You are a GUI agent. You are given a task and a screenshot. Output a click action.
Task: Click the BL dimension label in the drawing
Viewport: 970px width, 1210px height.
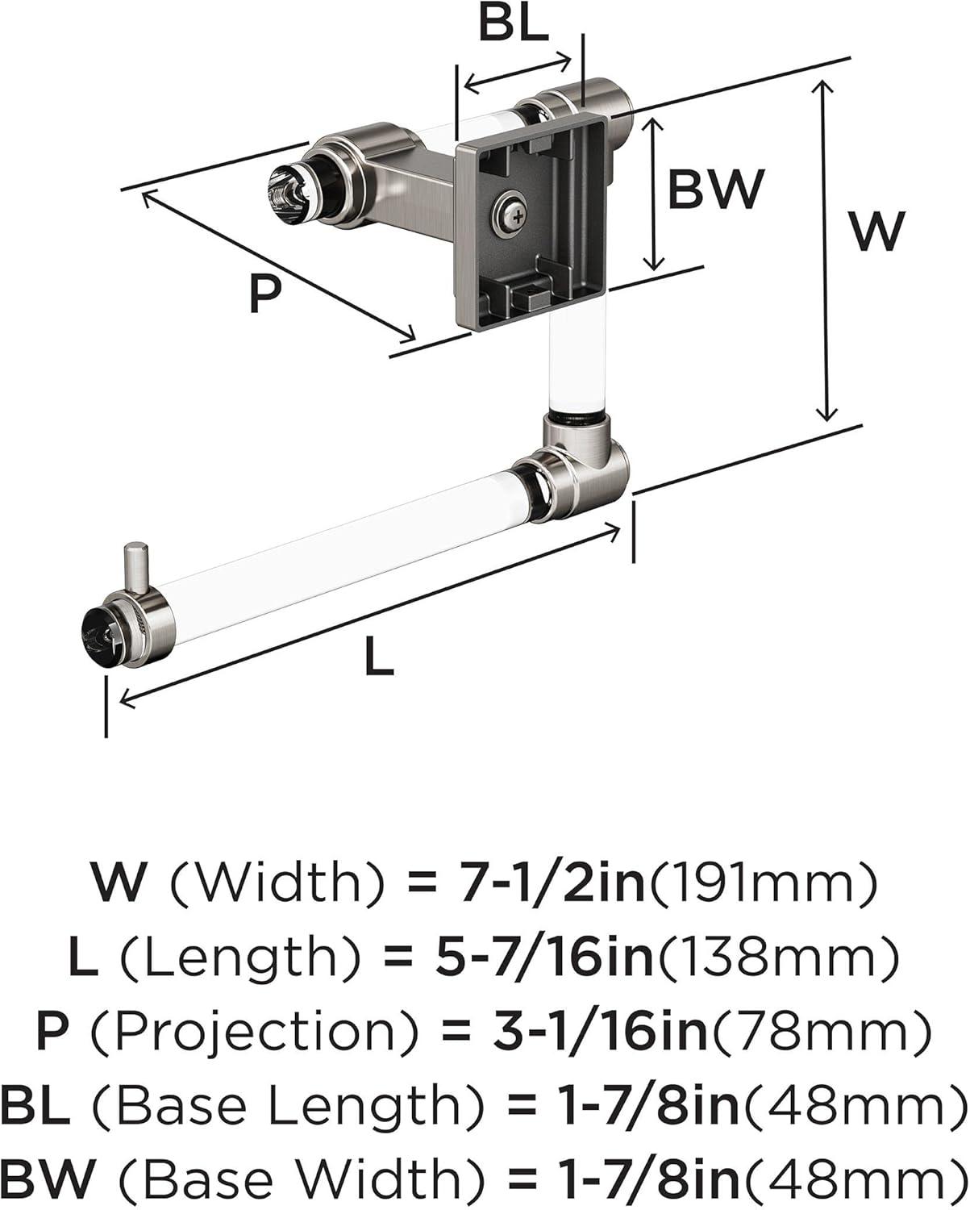[x=513, y=24]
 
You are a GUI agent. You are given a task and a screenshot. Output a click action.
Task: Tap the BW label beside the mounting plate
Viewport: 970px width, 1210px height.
[x=716, y=189]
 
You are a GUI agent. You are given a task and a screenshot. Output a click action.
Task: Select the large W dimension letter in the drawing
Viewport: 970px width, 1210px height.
[x=876, y=231]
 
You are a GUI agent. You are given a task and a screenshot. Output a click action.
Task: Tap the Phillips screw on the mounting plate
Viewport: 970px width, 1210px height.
[x=511, y=212]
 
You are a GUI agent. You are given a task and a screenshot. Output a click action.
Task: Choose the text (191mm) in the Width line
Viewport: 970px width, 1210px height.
[x=762, y=882]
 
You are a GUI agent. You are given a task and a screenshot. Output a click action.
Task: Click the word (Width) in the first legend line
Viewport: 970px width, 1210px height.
[x=277, y=882]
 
